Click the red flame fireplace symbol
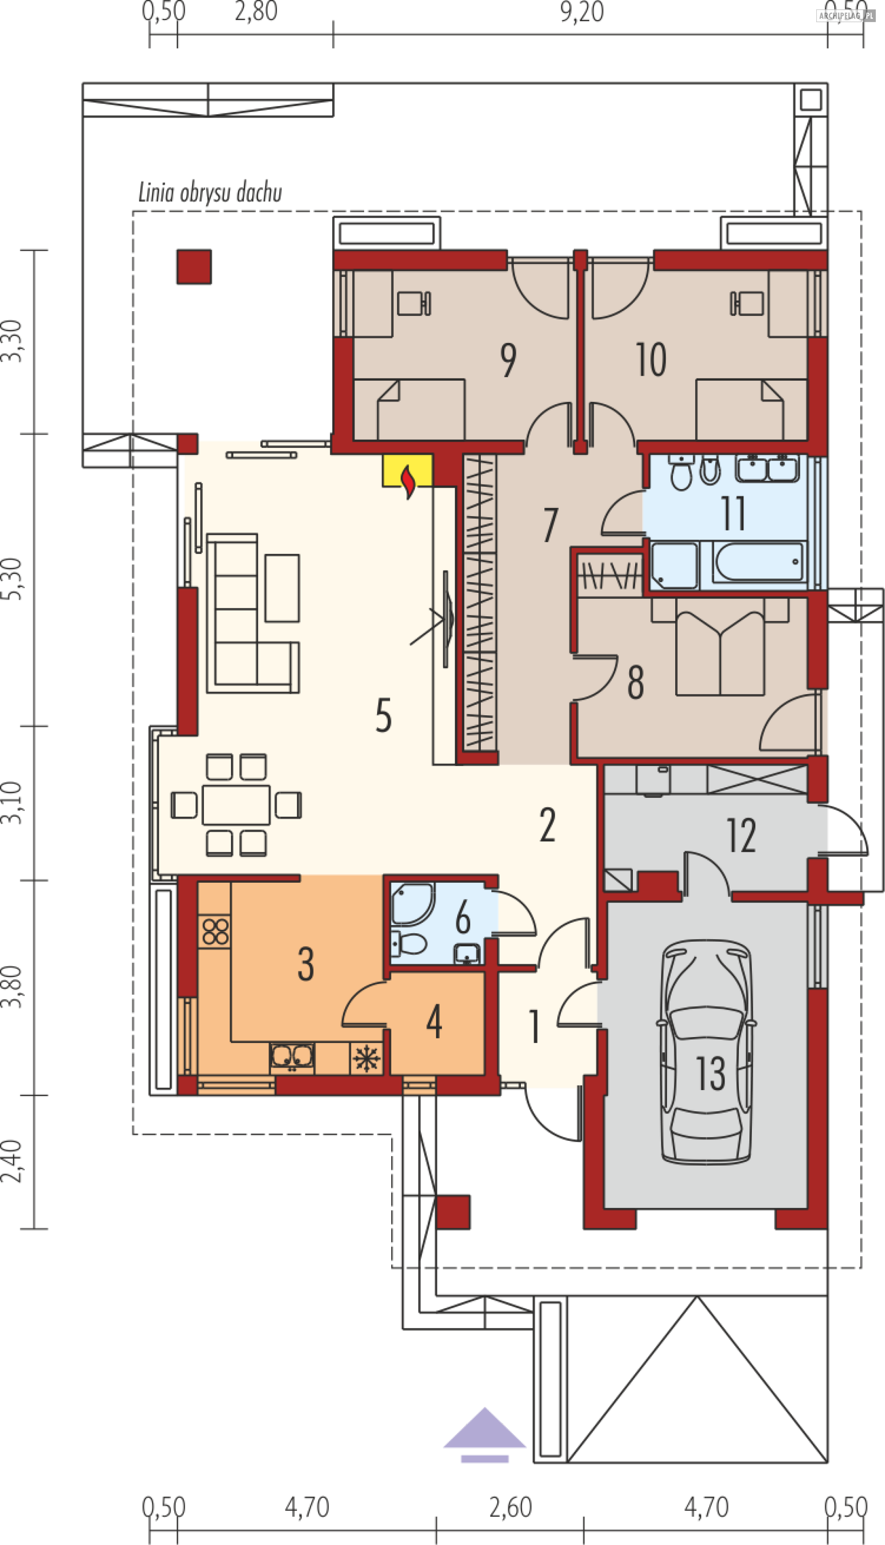409,481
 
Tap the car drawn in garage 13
708,1051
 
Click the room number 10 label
651,360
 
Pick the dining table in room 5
236,805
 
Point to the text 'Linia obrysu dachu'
210,193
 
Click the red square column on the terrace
194,267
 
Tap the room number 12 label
741,835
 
